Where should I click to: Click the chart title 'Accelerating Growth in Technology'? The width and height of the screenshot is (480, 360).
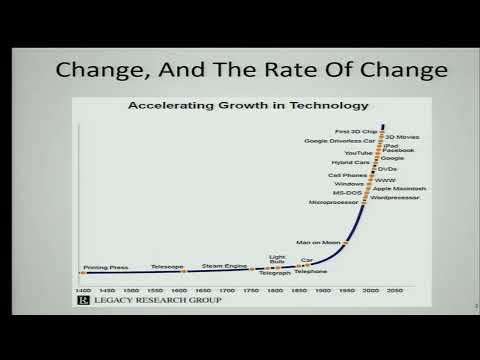coord(248,104)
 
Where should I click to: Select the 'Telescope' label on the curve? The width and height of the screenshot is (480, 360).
coord(167,267)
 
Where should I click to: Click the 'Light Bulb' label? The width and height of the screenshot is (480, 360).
coord(277,261)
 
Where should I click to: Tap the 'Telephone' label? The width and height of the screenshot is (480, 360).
coord(311,272)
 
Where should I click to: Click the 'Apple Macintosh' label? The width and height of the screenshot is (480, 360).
coord(400,188)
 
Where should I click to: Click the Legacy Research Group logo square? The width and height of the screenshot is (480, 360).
coord(85,299)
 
